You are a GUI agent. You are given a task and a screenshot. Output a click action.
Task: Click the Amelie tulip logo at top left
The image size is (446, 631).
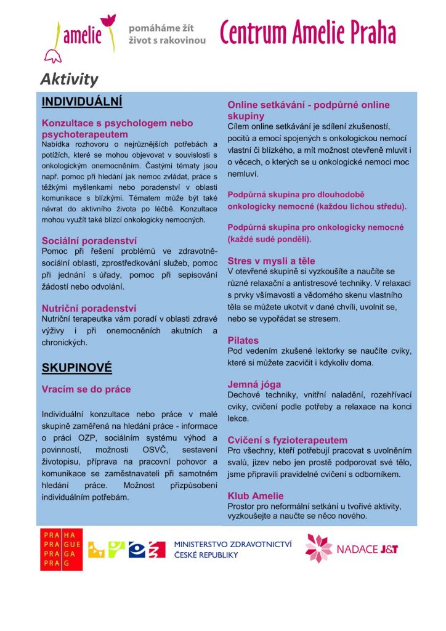[80, 37]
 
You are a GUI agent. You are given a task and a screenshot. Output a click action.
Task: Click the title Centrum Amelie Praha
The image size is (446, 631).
[308, 33]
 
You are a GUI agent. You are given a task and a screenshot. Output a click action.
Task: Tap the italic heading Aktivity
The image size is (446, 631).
[69, 79]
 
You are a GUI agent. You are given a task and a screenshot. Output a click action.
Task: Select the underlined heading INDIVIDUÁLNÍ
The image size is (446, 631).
[82, 101]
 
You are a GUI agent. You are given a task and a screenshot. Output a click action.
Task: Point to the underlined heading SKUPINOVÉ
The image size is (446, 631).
[76, 368]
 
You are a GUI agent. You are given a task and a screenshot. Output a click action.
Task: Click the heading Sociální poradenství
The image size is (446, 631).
[89, 240]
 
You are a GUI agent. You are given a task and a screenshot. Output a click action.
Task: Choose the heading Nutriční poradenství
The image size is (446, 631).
[89, 307]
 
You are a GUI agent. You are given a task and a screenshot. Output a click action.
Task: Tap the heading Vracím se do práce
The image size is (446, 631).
[86, 389]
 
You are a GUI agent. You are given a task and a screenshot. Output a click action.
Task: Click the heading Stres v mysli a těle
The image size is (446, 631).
[271, 261]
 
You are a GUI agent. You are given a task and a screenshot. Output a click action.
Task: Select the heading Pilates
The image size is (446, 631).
[243, 340]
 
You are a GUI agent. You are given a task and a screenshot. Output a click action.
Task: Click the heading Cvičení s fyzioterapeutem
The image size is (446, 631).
[288, 440]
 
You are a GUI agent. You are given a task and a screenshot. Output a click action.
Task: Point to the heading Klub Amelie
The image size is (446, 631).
[256, 495]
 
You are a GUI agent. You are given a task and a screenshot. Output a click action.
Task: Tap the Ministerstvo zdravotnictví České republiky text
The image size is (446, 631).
[232, 550]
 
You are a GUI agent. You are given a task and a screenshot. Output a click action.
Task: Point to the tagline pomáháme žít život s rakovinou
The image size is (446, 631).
[167, 35]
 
